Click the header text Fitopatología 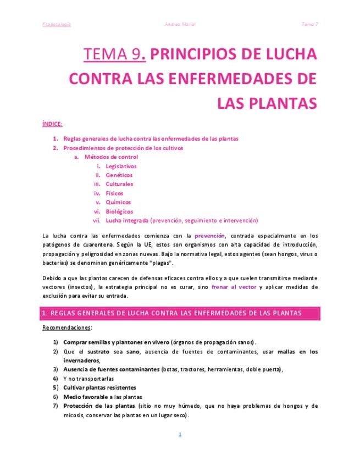click(57, 24)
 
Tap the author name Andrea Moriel click(180, 24)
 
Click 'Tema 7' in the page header click(310, 24)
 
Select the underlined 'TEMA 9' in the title click(112, 54)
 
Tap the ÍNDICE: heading click(52, 124)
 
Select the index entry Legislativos click(121, 166)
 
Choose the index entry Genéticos click(119, 175)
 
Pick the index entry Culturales click(119, 184)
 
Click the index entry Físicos click(114, 193)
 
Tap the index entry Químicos click(118, 202)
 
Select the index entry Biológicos click(119, 212)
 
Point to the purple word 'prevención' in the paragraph click(210, 236)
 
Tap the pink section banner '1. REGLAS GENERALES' click(181, 313)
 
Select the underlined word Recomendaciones click(66, 328)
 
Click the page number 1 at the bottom click(180, 434)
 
